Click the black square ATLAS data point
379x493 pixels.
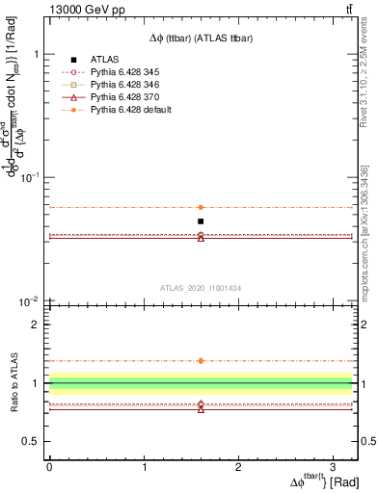pyautogui.click(x=201, y=221)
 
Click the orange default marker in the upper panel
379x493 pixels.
pyautogui.click(x=201, y=207)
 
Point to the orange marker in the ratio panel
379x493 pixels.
pyautogui.click(x=201, y=361)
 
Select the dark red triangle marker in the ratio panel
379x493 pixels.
pyautogui.click(x=201, y=409)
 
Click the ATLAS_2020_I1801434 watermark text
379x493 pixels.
pyautogui.click(x=201, y=288)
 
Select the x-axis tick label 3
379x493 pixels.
pyautogui.click(x=334, y=466)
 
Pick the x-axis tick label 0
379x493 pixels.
pyautogui.click(x=49, y=466)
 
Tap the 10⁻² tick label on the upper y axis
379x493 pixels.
pyautogui.click(x=29, y=301)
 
